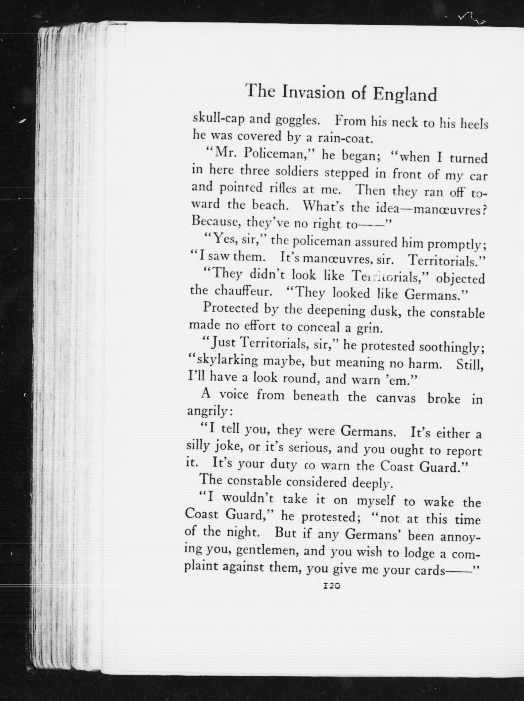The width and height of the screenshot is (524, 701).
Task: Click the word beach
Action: coord(270,206)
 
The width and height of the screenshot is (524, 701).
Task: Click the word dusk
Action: coord(384,311)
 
